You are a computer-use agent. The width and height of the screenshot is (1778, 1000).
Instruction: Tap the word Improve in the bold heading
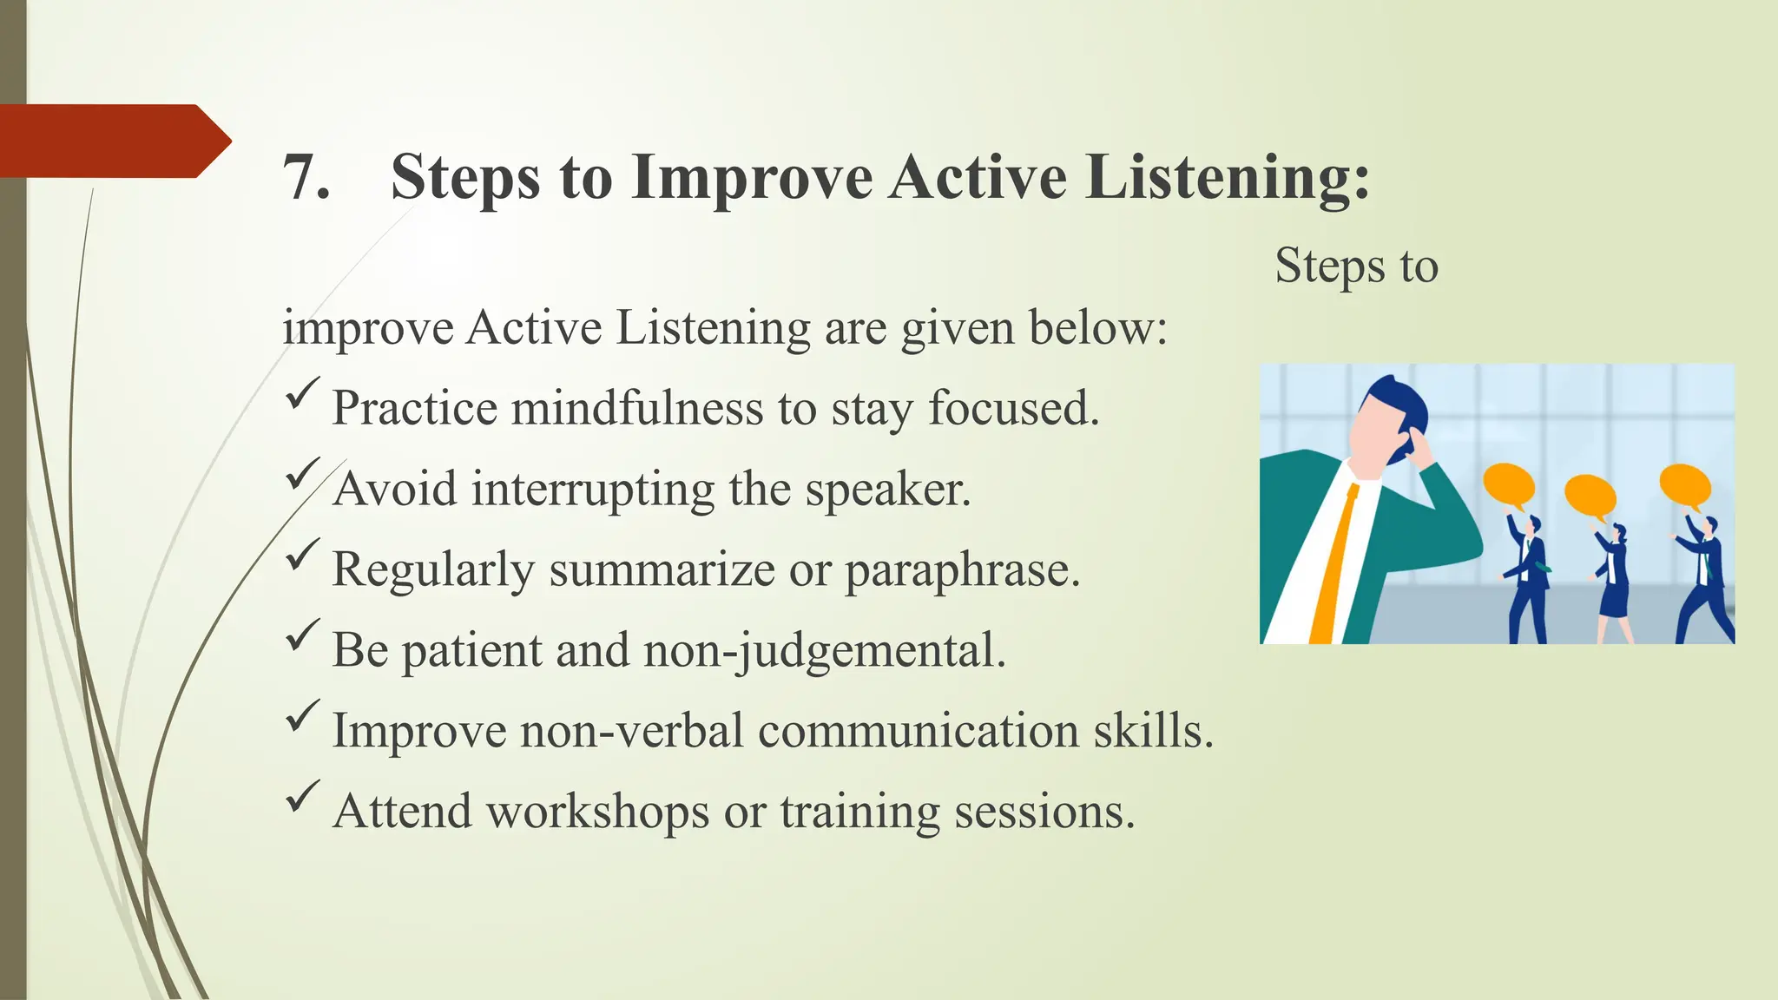click(x=752, y=178)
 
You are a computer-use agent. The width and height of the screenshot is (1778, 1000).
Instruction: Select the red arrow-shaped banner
click(x=113, y=141)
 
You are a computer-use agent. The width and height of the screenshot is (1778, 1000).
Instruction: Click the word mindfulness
click(x=638, y=408)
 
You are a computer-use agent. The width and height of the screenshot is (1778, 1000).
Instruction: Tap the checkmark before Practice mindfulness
click(x=302, y=394)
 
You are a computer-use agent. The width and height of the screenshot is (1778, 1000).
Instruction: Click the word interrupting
click(x=593, y=489)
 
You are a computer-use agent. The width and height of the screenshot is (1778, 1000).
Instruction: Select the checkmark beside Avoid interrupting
click(x=302, y=475)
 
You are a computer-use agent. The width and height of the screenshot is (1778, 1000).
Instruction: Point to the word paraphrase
click(x=962, y=570)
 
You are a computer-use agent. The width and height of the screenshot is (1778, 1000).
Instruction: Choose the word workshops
click(x=598, y=812)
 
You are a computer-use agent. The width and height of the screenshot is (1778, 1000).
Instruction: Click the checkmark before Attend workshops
click(x=302, y=797)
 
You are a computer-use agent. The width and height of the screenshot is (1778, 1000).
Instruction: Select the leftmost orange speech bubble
click(x=1509, y=485)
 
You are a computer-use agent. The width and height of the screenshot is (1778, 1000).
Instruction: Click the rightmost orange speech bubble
click(x=1684, y=485)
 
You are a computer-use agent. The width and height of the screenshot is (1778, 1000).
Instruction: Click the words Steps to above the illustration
click(x=1356, y=266)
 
